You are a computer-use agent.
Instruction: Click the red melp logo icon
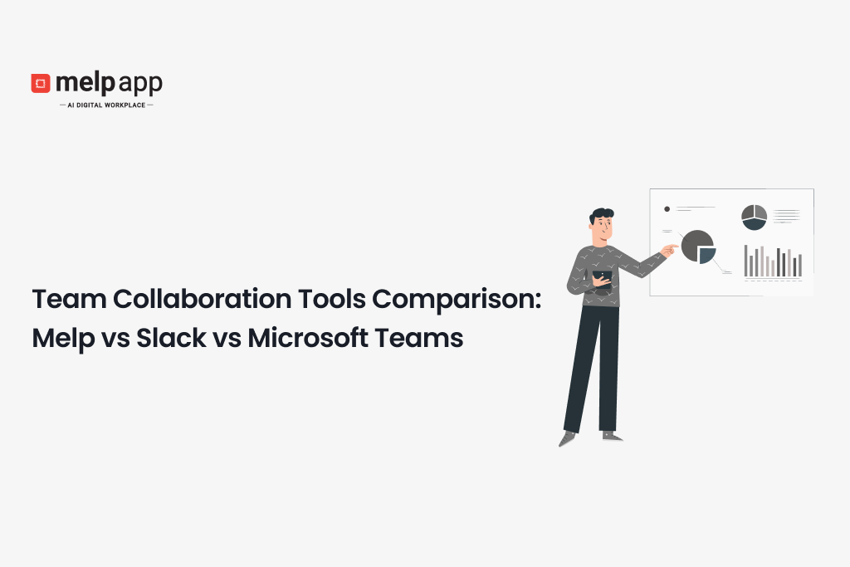coord(41,83)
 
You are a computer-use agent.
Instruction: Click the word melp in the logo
coord(85,83)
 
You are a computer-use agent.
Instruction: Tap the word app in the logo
coord(140,85)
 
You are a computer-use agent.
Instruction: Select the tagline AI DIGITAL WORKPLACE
coord(106,105)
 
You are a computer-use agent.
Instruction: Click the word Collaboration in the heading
coord(203,299)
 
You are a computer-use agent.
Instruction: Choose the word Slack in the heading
coord(171,338)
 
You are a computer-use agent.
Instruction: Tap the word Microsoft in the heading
coord(308,338)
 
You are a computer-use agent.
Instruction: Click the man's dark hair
coord(601,215)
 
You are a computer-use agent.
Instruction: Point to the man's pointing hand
coord(669,250)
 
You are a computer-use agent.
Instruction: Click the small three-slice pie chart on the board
coord(754,218)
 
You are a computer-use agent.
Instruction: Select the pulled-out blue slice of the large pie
coord(706,255)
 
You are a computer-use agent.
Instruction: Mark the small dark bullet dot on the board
coord(667,208)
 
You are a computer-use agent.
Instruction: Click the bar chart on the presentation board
coord(773,262)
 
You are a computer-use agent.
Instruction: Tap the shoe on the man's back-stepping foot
coord(566,438)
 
